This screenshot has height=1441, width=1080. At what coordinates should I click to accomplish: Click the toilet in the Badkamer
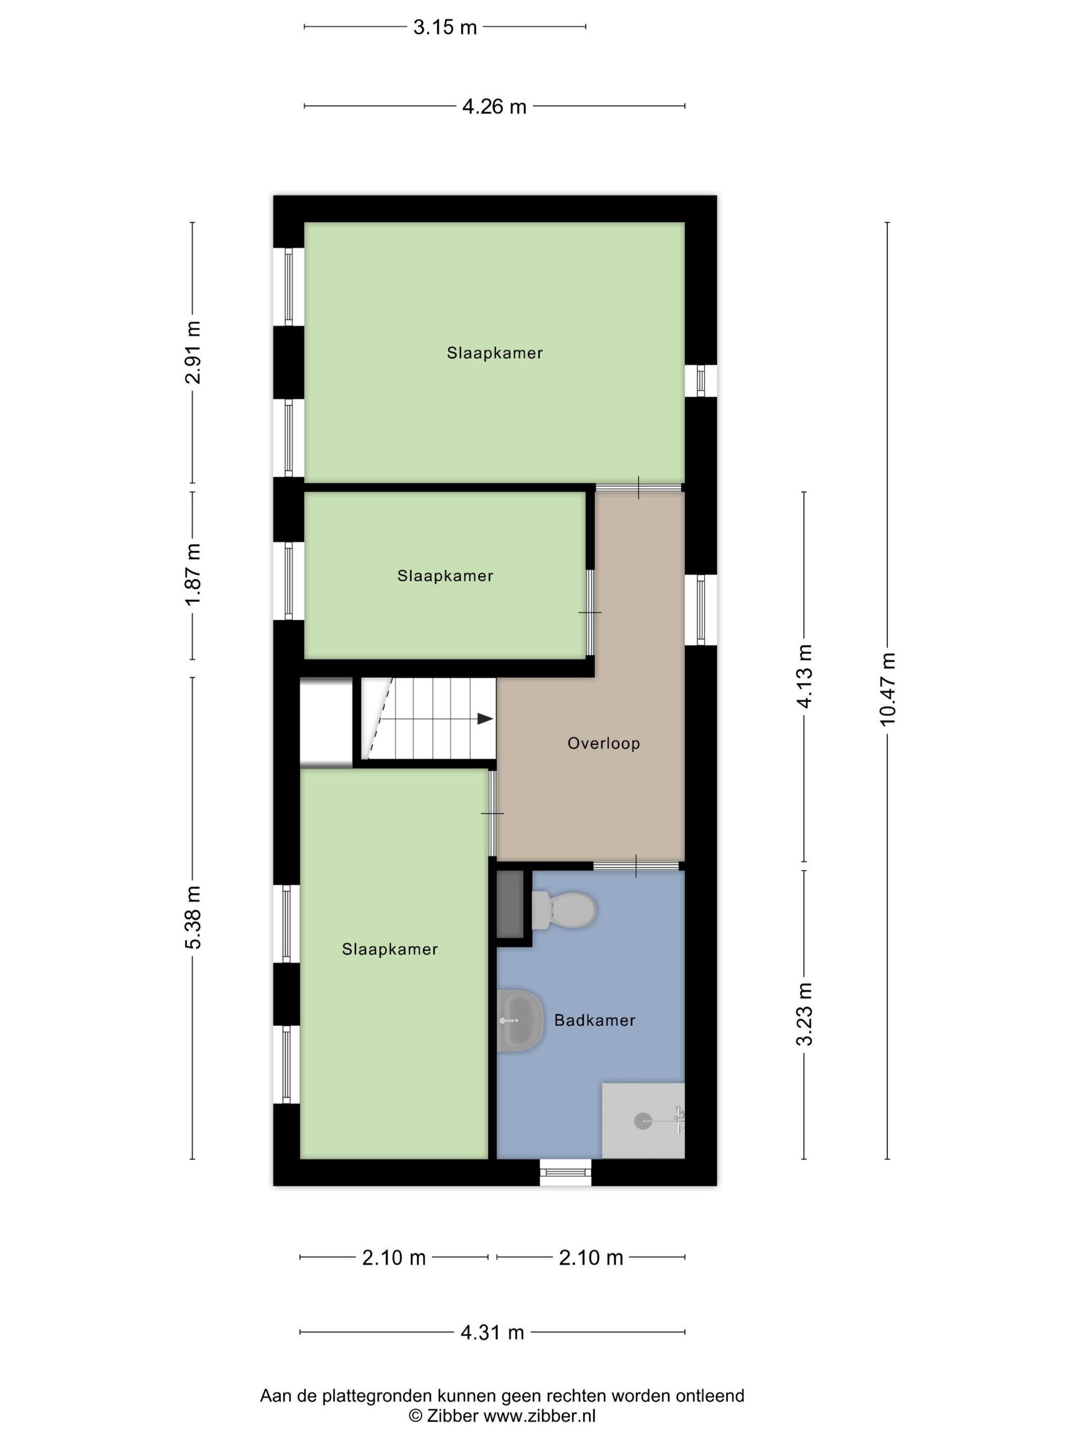pos(563,910)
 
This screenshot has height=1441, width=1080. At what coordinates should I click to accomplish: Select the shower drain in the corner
pos(642,1121)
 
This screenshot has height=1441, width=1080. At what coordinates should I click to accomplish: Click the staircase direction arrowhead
pos(485,718)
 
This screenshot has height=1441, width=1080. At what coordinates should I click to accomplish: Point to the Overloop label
pos(603,743)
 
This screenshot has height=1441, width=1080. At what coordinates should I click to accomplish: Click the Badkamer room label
pos(595,1020)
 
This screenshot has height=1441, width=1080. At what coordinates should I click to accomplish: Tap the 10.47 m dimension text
pos(887,689)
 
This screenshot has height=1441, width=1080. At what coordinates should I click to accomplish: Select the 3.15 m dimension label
pos(445,27)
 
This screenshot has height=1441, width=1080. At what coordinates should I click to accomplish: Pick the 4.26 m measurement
pos(494,106)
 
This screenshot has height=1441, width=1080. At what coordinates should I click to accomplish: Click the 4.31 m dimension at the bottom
pos(492,1332)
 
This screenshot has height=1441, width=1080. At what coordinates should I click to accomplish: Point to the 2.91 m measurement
pos(193,353)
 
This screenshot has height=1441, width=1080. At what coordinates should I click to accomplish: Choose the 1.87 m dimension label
pos(193,574)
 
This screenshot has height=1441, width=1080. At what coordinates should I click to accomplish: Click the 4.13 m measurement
pos(805,676)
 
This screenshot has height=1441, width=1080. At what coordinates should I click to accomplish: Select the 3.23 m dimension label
pos(805,1014)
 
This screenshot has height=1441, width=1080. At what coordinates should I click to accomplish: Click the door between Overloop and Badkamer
pos(636,866)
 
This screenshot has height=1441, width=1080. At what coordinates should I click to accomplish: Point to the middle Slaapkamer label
pos(445,576)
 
